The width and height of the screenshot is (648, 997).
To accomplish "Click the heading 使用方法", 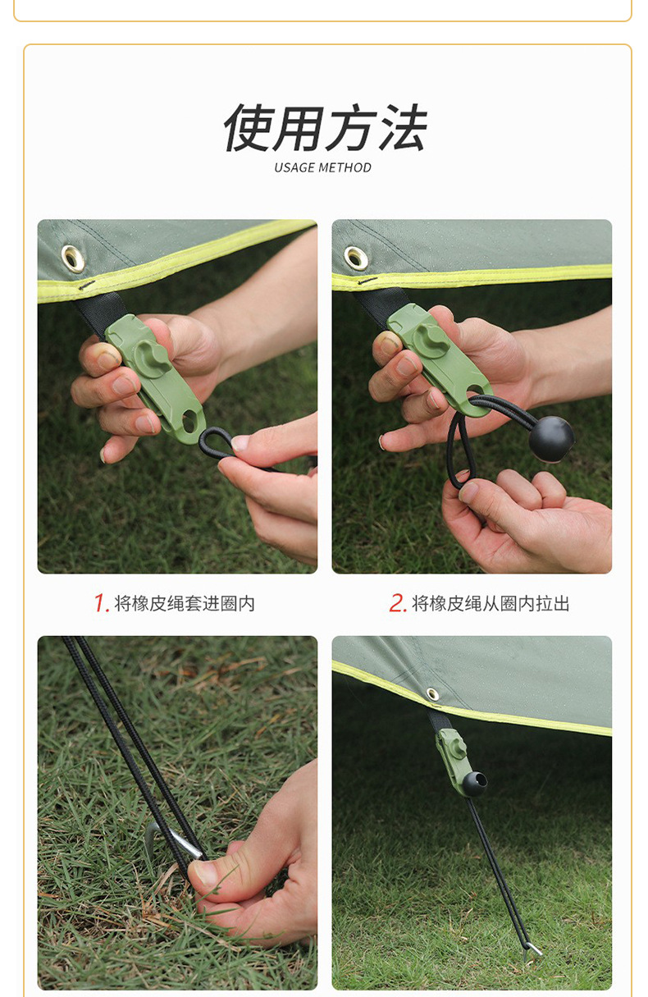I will [324, 129].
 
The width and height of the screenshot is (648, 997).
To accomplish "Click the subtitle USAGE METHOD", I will [322, 167].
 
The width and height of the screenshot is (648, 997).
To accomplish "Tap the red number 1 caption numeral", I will [101, 603].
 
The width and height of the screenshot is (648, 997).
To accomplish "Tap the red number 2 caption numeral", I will [398, 603].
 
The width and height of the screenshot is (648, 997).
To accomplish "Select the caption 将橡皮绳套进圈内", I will [185, 604].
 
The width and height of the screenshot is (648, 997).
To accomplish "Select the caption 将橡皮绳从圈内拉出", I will [491, 604].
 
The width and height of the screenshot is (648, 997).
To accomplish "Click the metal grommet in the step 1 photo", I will [73, 258].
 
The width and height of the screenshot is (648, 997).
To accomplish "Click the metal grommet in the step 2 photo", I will [356, 258].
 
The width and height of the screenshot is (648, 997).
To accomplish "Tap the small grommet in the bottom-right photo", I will [432, 694].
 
